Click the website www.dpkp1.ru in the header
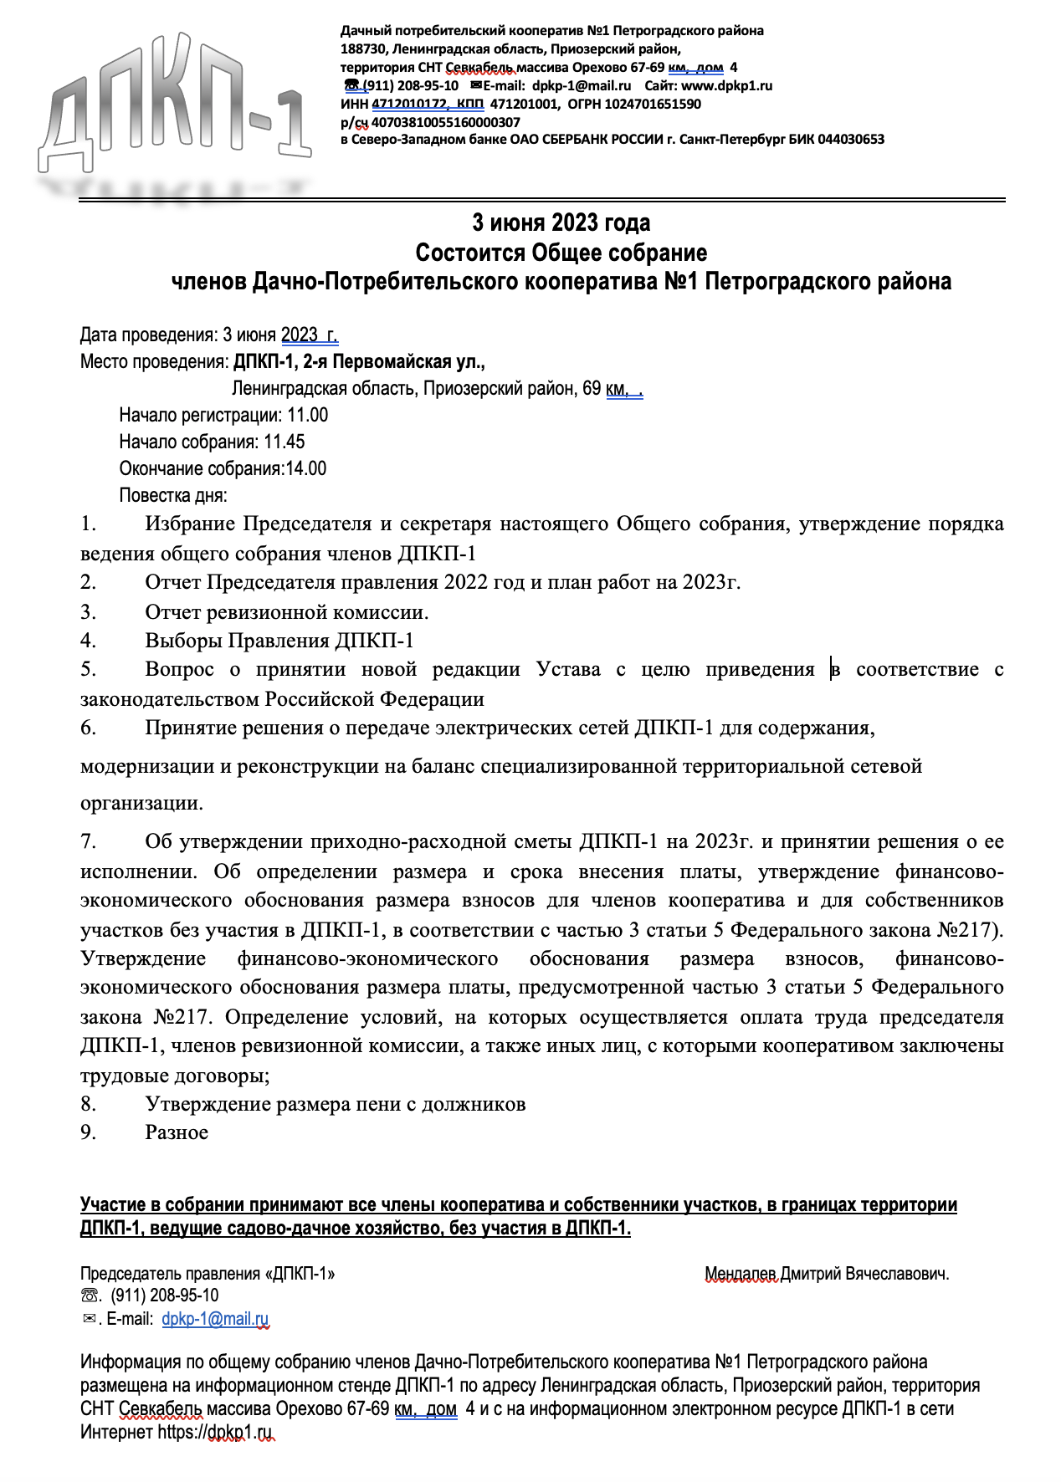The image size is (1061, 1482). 726,85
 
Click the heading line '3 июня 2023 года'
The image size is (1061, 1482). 561,223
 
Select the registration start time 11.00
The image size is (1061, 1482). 307,415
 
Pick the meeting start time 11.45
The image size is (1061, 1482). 284,442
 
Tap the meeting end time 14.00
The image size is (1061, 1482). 306,468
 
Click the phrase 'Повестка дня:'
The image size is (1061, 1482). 173,495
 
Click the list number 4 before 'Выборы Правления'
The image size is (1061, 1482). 88,641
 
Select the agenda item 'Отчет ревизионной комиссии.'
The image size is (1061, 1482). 286,612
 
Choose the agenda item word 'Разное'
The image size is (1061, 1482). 177,1132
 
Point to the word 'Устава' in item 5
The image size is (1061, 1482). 568,669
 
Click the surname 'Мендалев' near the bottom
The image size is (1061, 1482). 741,1275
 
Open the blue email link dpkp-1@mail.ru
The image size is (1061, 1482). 215,1319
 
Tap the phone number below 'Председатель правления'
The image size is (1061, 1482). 165,1295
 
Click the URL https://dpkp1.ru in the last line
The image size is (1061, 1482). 216,1432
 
